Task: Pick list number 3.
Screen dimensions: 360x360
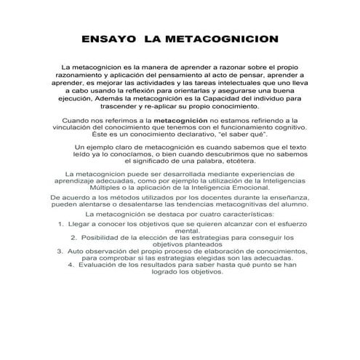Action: pyautogui.click(x=60, y=251)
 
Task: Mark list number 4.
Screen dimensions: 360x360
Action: pyautogui.click(x=71, y=265)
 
